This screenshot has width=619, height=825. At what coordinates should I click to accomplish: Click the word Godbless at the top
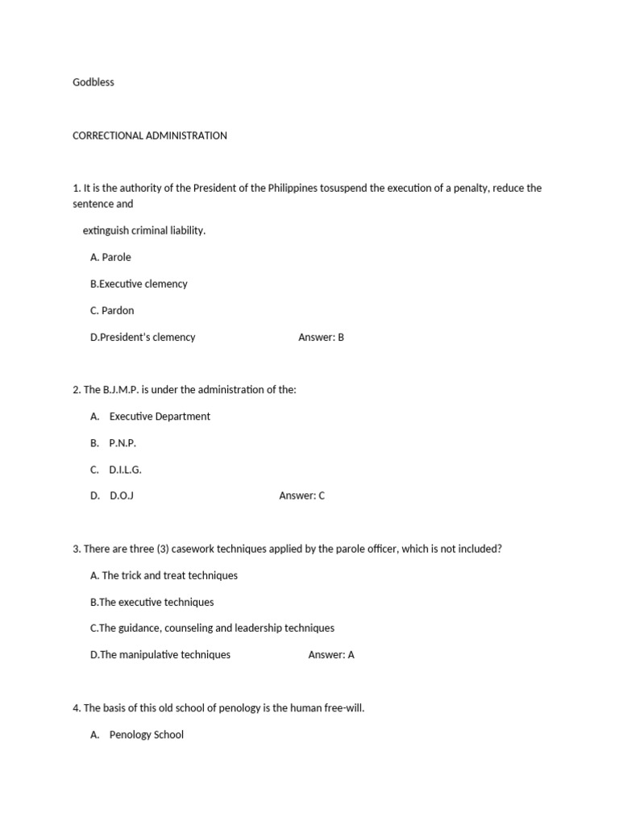point(93,82)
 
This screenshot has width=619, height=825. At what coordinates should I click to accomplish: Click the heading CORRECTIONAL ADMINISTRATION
point(150,135)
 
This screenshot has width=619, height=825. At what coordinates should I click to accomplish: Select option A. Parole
point(110,257)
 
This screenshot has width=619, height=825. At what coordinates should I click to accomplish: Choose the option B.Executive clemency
point(139,284)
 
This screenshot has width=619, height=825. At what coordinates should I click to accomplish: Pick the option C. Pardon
point(112,310)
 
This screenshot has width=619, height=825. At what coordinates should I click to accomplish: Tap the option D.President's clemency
point(143,337)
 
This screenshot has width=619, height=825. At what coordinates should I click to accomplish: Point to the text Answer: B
point(321,337)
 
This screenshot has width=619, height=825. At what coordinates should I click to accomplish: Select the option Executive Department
point(160,417)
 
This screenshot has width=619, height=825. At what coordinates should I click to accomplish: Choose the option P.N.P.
point(123,443)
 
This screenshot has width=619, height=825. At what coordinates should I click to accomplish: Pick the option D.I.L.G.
point(125,469)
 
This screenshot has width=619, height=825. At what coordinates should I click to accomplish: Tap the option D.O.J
point(122,495)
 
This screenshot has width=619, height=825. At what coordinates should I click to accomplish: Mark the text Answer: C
point(301,495)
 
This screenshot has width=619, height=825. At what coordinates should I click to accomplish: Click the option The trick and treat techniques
point(164,575)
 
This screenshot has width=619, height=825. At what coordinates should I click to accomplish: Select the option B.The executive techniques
point(152,602)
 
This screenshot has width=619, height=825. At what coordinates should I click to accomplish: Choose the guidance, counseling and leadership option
point(212,628)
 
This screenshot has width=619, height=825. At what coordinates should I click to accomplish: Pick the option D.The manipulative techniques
point(160,654)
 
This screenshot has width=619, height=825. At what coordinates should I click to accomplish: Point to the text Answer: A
point(331,654)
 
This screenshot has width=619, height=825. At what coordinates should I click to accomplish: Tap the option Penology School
point(146,734)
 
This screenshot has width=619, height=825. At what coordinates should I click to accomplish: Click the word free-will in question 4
point(342,708)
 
